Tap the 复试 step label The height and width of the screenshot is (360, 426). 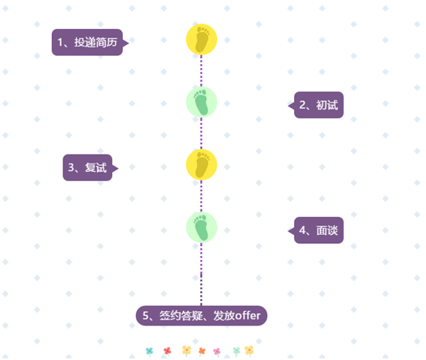[90, 167]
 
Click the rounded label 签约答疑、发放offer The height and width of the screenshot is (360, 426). [202, 316]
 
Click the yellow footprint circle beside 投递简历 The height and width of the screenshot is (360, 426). [202, 40]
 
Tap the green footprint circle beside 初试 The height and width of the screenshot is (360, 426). [202, 102]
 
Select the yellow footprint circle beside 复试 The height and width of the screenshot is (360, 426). [202, 165]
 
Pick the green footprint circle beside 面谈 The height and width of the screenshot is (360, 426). [202, 227]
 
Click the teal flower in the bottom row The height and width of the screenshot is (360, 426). [150, 352]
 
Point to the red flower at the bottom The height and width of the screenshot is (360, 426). [167, 351]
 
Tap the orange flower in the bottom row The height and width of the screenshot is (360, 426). [202, 352]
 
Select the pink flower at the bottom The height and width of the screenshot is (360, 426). [217, 352]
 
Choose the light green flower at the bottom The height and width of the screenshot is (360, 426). [237, 352]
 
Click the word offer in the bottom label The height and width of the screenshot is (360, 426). [248, 316]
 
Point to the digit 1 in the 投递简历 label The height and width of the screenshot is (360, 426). [60, 42]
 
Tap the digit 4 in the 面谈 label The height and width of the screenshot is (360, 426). [302, 230]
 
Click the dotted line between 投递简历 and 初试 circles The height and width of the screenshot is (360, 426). [202, 70]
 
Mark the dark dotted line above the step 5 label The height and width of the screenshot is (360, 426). [202, 290]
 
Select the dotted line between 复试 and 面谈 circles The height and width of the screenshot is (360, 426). [202, 196]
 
